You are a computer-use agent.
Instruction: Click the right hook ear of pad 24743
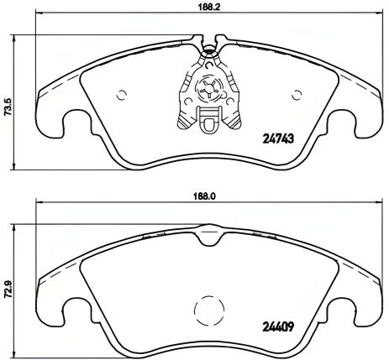pos(346,127)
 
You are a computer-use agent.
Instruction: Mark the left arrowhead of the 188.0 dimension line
pos(39,204)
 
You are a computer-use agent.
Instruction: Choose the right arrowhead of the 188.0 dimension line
pos(371,204)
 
